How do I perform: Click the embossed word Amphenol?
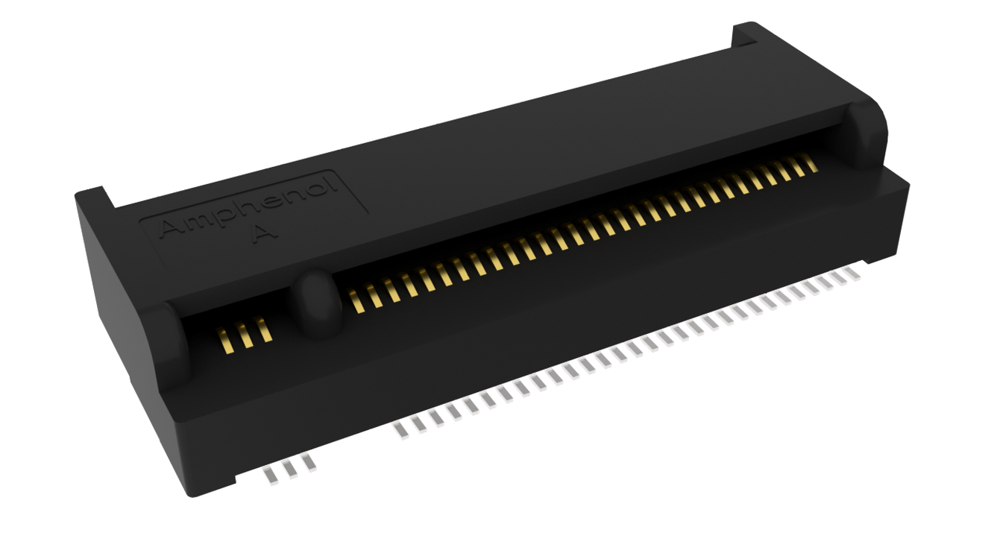[x=248, y=207]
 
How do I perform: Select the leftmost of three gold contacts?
[x=224, y=341]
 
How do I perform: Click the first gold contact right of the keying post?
[x=356, y=301]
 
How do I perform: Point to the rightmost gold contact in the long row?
[x=811, y=162]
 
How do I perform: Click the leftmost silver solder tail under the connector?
[x=271, y=476]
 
